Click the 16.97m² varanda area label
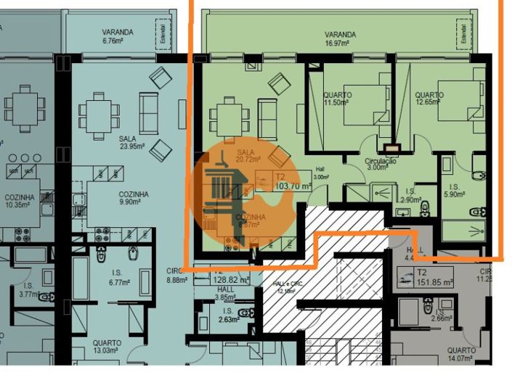[339, 38]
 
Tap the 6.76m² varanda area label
[117, 36]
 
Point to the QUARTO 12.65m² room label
[429, 99]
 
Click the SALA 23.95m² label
[132, 141]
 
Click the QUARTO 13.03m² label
[106, 347]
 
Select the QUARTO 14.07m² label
[462, 353]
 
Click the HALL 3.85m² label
[225, 292]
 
